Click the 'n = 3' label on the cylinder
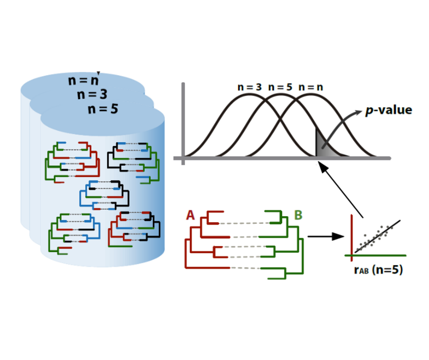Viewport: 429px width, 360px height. pyautogui.click(x=92, y=94)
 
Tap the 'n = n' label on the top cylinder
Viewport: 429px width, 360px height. pyautogui.click(x=83, y=80)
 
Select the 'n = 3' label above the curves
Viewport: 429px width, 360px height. pyautogui.click(x=250, y=86)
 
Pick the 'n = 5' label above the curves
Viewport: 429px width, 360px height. pyautogui.click(x=280, y=86)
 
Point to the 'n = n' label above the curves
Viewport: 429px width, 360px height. pyautogui.click(x=310, y=86)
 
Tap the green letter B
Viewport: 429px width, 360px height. pyautogui.click(x=298, y=216)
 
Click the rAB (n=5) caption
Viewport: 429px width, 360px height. pyautogui.click(x=378, y=269)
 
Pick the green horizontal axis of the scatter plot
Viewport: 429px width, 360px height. pyautogui.click(x=378, y=254)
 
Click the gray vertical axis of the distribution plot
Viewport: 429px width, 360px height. pyautogui.click(x=183, y=121)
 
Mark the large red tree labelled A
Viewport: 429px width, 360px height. pyautogui.click(x=206, y=241)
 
